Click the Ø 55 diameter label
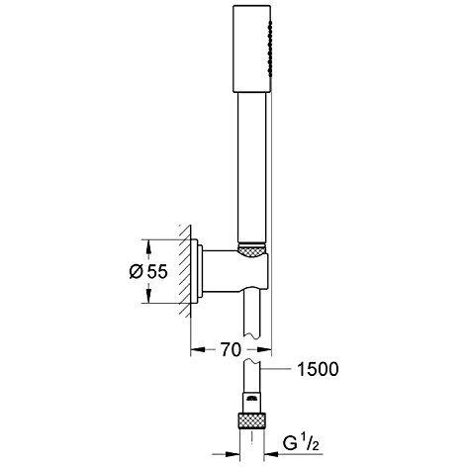(148, 272)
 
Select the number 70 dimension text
(231, 349)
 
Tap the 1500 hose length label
(318, 369)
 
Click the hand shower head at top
(252, 48)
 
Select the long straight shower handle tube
(251, 168)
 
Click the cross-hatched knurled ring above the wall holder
(251, 249)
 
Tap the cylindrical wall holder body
(235, 271)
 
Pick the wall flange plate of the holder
(197, 271)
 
